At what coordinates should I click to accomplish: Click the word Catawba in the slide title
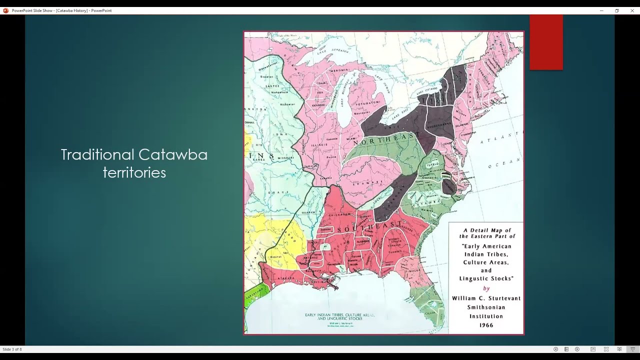click(x=172, y=154)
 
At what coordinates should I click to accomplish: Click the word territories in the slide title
click(x=134, y=173)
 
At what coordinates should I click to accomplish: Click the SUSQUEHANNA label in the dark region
click(x=439, y=120)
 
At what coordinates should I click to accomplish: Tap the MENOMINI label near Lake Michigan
click(x=330, y=71)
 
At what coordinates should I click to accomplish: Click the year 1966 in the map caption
click(x=486, y=325)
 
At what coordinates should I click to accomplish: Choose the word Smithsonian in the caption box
click(x=486, y=307)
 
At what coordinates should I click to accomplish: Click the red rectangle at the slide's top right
click(x=546, y=42)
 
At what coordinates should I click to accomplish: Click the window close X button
click(x=631, y=10)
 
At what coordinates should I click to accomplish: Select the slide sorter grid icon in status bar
click(x=606, y=349)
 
